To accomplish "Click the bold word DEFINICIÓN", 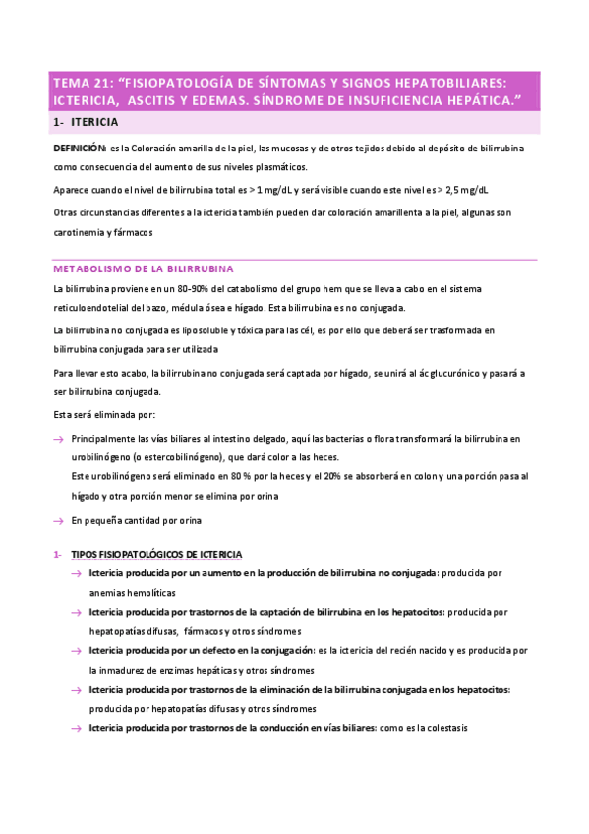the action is [x=80, y=147].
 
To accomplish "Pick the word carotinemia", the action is [x=83, y=232].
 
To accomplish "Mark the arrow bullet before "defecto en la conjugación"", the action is [x=76, y=651].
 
